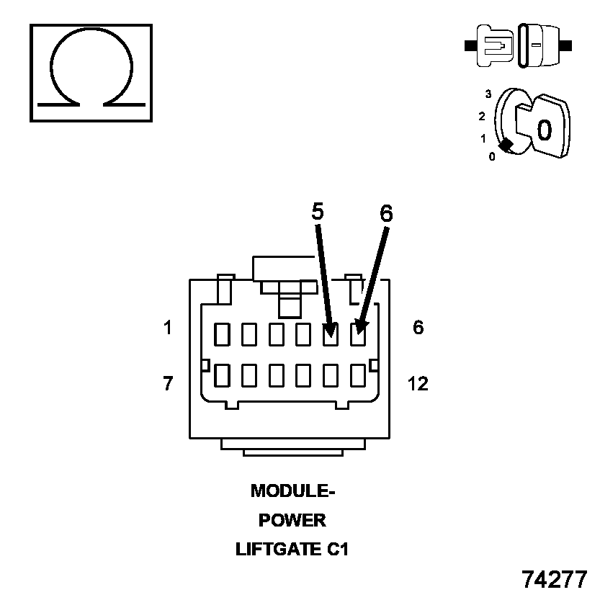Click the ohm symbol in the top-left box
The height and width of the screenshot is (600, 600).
90,72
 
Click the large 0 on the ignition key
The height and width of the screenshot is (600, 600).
545,130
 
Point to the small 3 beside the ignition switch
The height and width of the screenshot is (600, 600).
488,94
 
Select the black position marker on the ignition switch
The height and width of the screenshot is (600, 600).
506,145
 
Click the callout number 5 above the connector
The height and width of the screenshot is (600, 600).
318,211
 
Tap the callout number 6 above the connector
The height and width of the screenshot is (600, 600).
386,213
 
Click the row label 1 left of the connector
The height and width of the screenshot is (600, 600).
168,328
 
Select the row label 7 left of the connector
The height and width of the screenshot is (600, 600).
168,384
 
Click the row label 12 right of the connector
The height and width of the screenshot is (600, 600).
418,384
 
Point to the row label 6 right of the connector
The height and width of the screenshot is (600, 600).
418,328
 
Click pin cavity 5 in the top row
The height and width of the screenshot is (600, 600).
331,333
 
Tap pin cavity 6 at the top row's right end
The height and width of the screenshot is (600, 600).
358,333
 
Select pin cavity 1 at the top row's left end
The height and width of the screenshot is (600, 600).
222,333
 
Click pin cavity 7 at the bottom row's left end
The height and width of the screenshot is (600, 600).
222,375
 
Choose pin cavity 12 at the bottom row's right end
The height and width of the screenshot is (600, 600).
358,375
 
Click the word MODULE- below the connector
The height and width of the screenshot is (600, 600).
293,491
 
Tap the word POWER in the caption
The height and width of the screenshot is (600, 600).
292,520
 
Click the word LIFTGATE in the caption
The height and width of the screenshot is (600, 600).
276,550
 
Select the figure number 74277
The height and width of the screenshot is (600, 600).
555,580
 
